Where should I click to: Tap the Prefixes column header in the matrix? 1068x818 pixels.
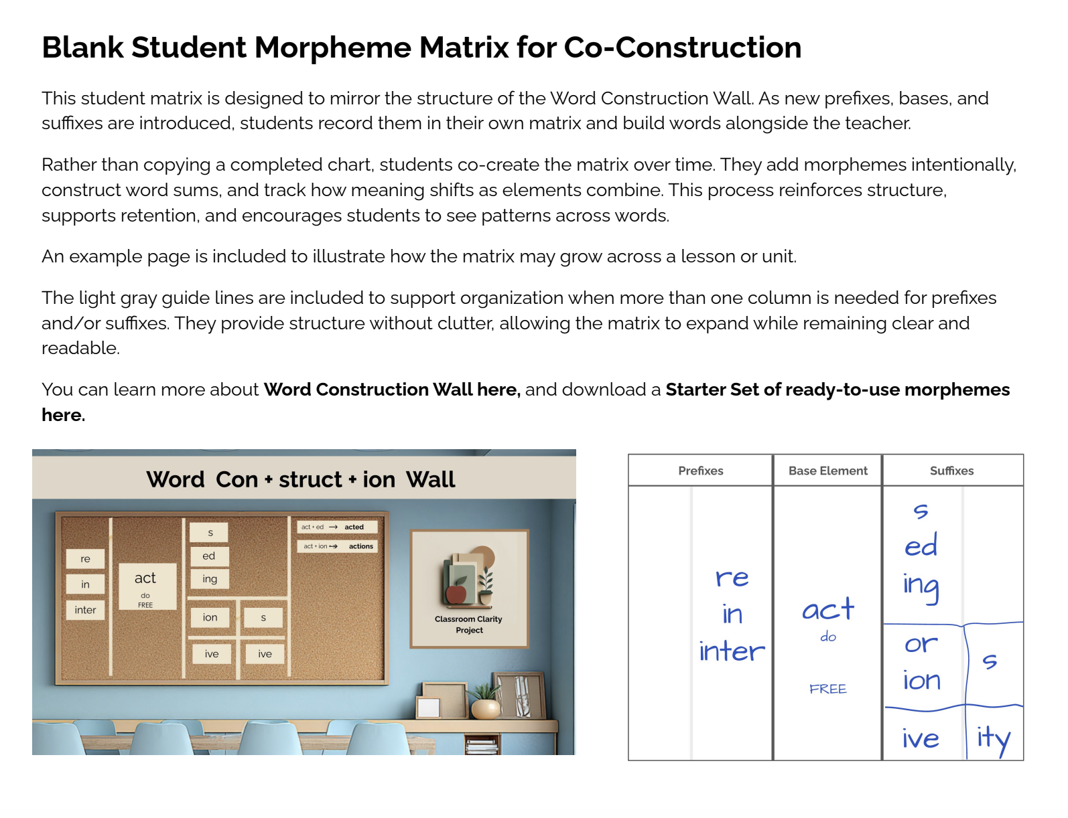(x=700, y=471)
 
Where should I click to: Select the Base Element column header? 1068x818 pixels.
(x=827, y=471)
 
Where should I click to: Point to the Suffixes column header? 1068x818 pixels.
(x=951, y=471)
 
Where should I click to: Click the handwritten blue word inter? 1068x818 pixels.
(x=731, y=651)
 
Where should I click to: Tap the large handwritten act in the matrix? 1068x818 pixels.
(x=828, y=610)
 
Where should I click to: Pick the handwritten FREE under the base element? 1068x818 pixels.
(x=827, y=689)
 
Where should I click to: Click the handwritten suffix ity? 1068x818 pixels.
(x=993, y=739)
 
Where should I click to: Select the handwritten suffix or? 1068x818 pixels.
(x=921, y=644)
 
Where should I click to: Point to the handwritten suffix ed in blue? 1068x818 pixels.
(x=921, y=546)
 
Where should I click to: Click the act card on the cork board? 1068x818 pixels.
(x=145, y=578)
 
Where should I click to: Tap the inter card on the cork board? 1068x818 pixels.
(x=85, y=610)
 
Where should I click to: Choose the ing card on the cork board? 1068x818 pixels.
(x=210, y=579)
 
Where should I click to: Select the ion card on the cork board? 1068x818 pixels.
(x=210, y=617)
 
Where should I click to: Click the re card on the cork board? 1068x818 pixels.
(x=85, y=559)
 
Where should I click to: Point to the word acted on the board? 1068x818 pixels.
(x=354, y=527)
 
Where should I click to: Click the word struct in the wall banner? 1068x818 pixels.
(x=310, y=479)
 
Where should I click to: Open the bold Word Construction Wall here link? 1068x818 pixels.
(x=391, y=390)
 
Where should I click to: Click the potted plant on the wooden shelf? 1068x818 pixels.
(x=486, y=703)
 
